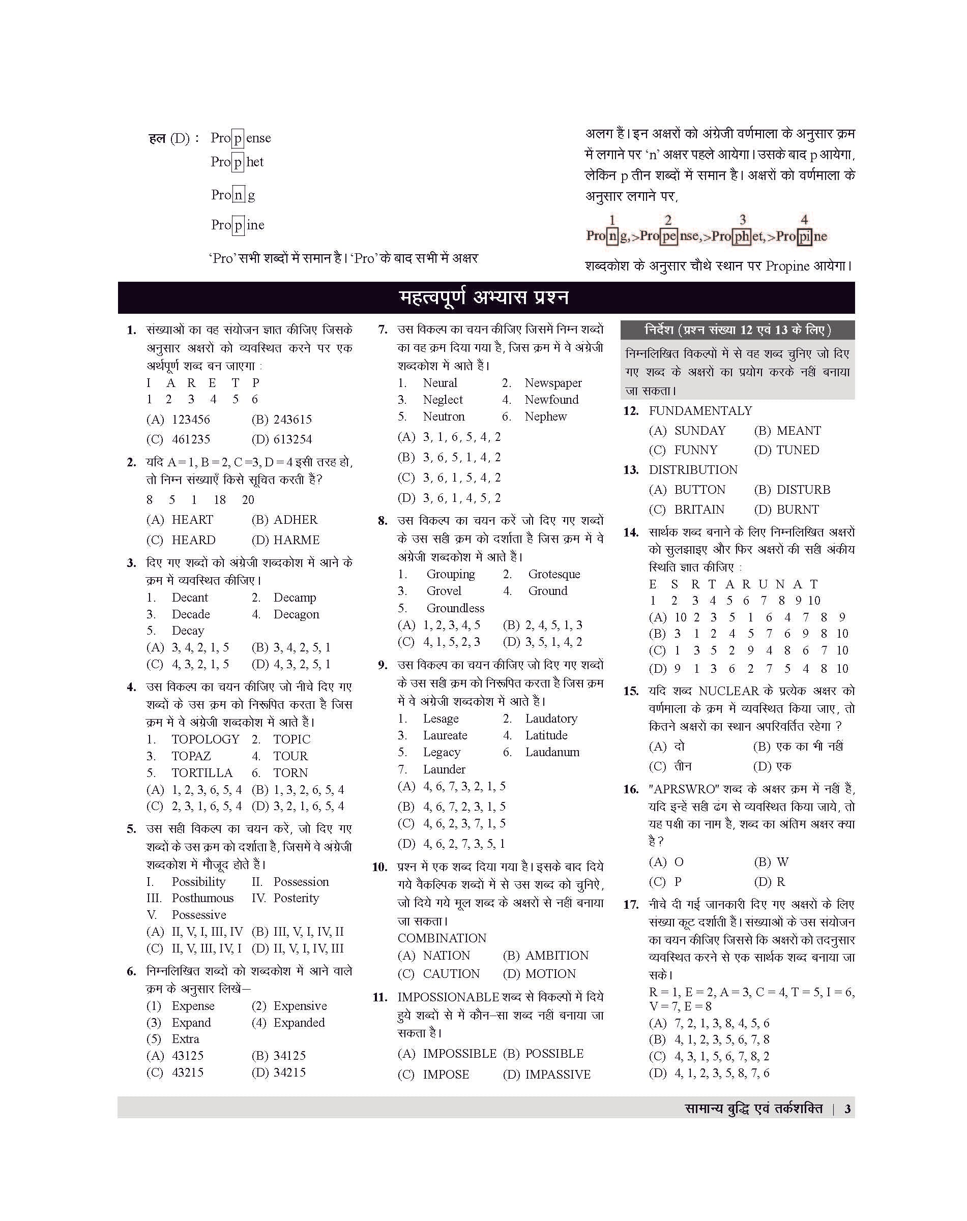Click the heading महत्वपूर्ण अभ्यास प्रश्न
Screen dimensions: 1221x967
(x=484, y=298)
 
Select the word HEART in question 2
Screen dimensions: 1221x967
(x=192, y=520)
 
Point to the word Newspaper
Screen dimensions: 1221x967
(x=552, y=383)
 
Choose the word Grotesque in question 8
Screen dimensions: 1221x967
(x=554, y=574)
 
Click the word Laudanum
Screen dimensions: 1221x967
(x=552, y=752)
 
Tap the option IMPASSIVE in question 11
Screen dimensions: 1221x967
(x=557, y=1075)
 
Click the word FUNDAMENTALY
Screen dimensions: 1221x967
(x=700, y=411)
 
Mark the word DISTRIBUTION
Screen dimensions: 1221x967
(x=693, y=470)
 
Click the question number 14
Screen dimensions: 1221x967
(x=631, y=532)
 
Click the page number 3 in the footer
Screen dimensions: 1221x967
(x=847, y=1109)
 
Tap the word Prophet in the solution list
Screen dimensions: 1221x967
(x=237, y=162)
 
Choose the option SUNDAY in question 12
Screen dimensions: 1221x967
(x=700, y=431)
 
